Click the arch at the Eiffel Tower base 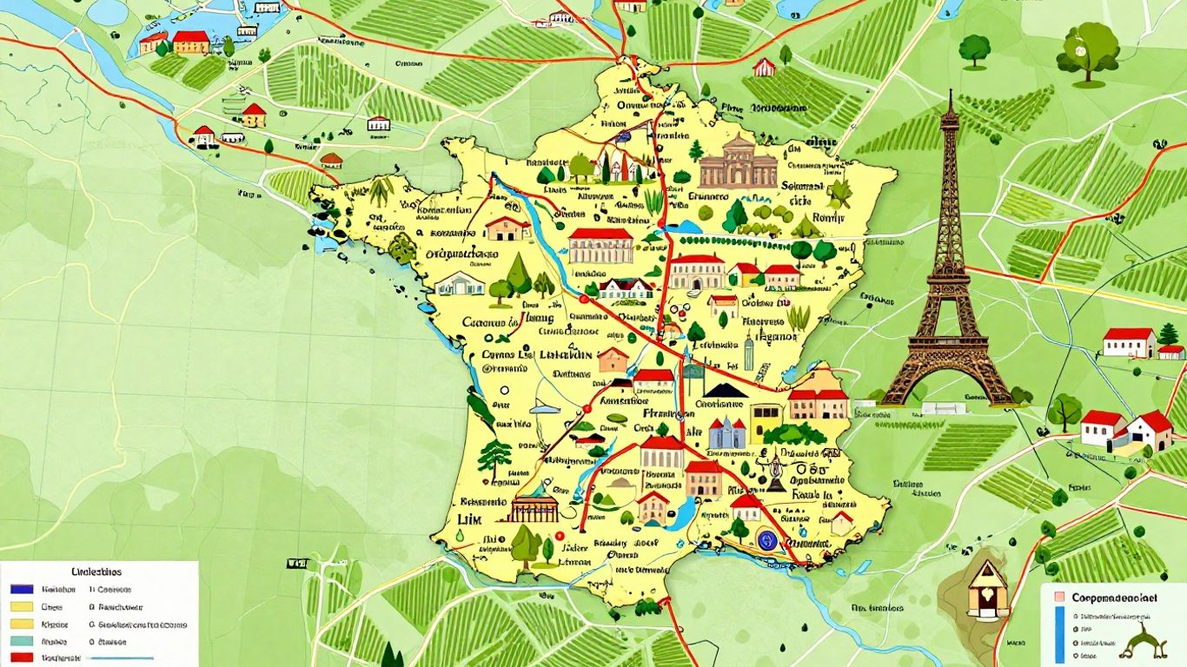(x=949, y=386)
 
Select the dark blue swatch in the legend (x=21, y=589)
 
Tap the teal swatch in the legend (x=21, y=642)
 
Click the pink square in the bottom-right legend (x=1058, y=598)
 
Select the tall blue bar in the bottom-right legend (x=1059, y=634)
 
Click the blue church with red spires (x=726, y=433)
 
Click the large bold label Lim (x=469, y=518)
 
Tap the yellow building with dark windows (x=765, y=420)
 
